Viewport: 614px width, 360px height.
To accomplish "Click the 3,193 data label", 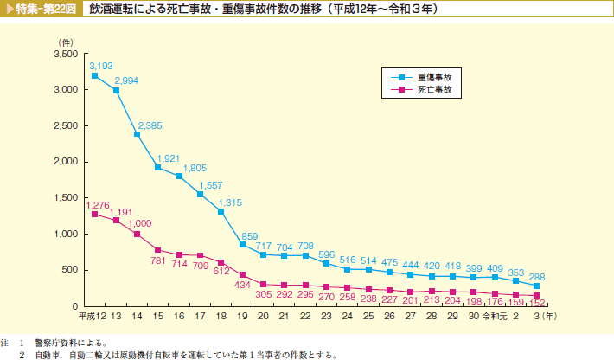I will [100, 65].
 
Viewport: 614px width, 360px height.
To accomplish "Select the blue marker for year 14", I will [137, 134].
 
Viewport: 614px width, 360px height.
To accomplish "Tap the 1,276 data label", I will [98, 205].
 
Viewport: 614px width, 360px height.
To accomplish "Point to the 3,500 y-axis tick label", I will [66, 54].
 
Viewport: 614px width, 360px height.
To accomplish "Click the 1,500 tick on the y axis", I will [66, 198].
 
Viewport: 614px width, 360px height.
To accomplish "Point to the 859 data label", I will [250, 235].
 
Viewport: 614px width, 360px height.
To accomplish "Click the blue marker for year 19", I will [242, 245].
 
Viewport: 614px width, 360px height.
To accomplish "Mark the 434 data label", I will [243, 285].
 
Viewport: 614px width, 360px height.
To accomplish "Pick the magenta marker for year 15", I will [158, 250].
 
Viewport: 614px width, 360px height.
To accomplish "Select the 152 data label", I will [536, 304].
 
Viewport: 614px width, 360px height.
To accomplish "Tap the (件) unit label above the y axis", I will [65, 42].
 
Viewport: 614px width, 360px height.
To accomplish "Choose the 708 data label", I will [305, 246].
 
